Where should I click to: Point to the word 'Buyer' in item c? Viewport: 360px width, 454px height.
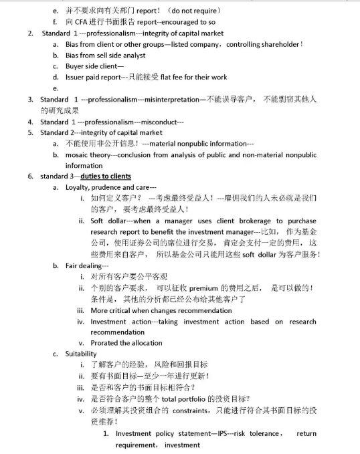(76, 66)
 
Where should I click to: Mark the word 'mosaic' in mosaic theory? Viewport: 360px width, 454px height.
(78, 154)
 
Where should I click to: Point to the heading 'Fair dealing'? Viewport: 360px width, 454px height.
(84, 265)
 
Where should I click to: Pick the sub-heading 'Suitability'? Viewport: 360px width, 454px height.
(81, 354)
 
